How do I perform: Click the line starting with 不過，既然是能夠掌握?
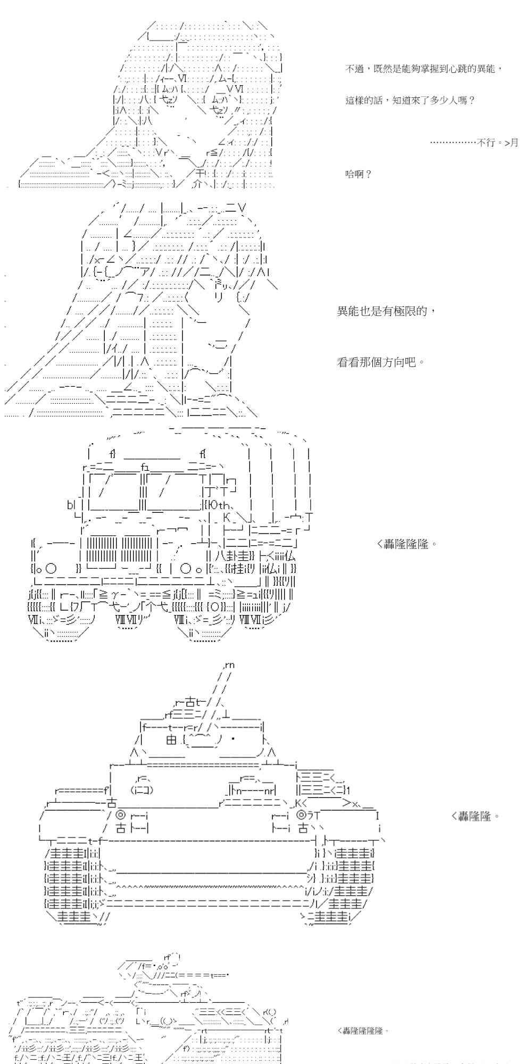point(423,69)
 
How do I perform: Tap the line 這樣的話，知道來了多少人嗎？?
point(410,100)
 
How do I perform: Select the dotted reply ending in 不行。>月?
point(473,143)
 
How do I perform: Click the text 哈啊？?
point(359,174)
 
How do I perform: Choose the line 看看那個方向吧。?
point(381,363)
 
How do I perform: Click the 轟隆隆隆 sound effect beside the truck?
point(407,544)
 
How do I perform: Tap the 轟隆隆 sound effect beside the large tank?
point(475,816)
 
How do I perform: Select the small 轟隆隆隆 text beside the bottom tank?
point(360,1030)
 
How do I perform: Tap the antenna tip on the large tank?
point(230,665)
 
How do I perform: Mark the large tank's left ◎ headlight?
point(120,815)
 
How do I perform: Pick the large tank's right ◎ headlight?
point(301,815)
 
